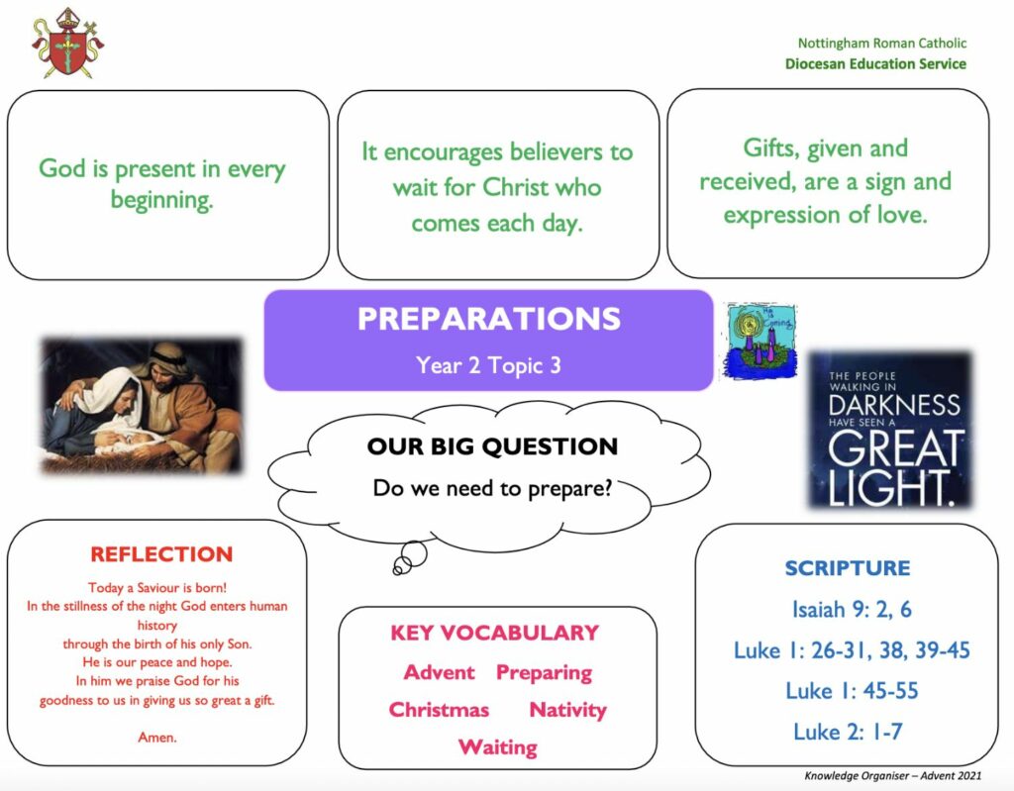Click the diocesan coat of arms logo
[68, 44]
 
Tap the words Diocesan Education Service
[875, 63]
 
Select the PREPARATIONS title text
[489, 319]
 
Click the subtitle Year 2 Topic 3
[488, 365]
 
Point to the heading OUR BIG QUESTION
[492, 446]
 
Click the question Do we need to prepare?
[492, 488]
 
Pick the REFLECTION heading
[161, 554]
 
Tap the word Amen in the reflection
[157, 738]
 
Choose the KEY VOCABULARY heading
[495, 633]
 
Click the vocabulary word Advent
[439, 672]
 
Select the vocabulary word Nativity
[567, 710]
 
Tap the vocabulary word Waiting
[497, 747]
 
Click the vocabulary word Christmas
[439, 710]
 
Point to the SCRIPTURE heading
[848, 568]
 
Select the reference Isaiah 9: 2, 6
[852, 609]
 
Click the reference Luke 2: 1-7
[848, 732]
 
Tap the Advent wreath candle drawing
[761, 341]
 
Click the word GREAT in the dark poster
[896, 447]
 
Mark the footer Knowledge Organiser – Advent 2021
[893, 775]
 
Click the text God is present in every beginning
[161, 184]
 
